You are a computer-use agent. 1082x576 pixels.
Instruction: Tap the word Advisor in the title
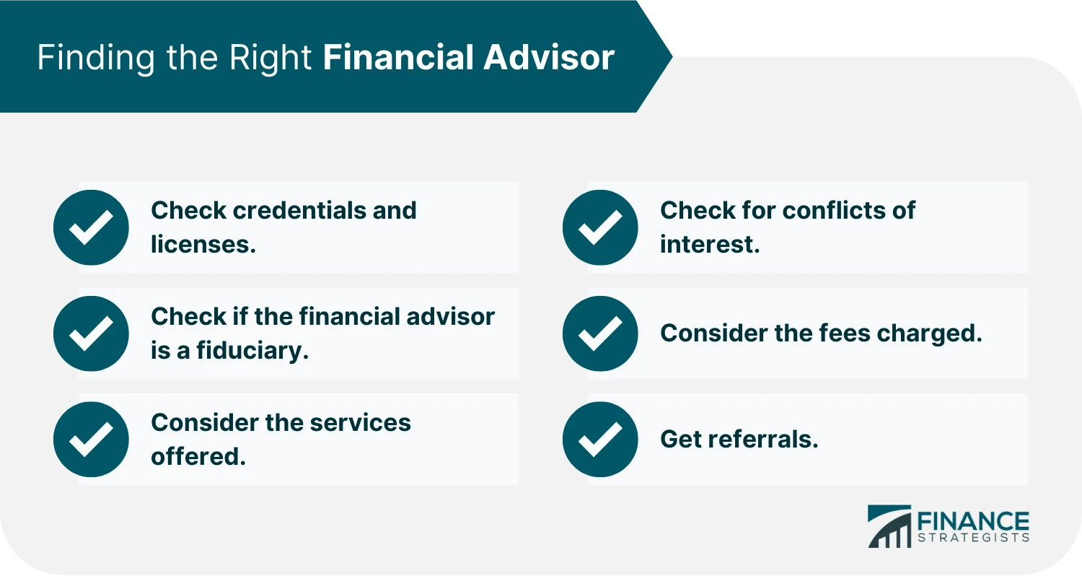(x=549, y=58)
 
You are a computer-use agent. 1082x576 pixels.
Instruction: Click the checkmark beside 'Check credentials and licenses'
(x=91, y=227)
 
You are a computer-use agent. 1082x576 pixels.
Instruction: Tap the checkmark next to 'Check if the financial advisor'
(x=91, y=333)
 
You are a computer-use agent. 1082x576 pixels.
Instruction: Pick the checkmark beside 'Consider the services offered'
(x=91, y=440)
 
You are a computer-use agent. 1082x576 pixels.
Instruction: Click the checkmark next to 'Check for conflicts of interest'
(x=600, y=227)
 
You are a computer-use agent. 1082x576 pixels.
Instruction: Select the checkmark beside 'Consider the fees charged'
(x=600, y=333)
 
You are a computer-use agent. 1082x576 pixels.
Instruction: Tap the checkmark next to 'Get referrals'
(x=600, y=440)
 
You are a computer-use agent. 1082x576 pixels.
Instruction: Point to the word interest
(x=710, y=245)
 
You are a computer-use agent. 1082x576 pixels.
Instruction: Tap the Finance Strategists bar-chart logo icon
(x=889, y=527)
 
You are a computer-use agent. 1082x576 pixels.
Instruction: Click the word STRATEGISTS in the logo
(x=973, y=538)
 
